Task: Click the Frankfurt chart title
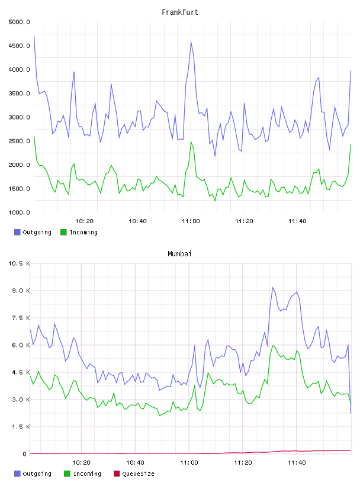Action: [180, 12]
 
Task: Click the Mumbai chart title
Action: [179, 254]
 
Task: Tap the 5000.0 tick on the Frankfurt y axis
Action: [19, 22]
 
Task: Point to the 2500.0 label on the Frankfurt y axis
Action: [19, 141]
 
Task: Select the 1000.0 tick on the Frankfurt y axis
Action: [19, 212]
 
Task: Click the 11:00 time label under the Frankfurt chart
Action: [191, 221]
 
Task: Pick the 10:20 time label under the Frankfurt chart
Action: [84, 221]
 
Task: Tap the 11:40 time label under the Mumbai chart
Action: [297, 463]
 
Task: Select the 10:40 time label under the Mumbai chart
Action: [135, 463]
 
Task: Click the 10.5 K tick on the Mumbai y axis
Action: [19, 263]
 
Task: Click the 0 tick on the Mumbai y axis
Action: [24, 454]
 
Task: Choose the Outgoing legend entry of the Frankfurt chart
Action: [33, 232]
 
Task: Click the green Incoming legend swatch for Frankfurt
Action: [63, 232]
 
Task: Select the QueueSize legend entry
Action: [134, 474]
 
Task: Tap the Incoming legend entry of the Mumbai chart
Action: [82, 474]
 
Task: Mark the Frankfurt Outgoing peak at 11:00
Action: [191, 41]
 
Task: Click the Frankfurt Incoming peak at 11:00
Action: [191, 142]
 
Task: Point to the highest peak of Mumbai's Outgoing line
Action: [272, 288]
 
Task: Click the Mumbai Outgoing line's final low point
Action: [351, 413]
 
